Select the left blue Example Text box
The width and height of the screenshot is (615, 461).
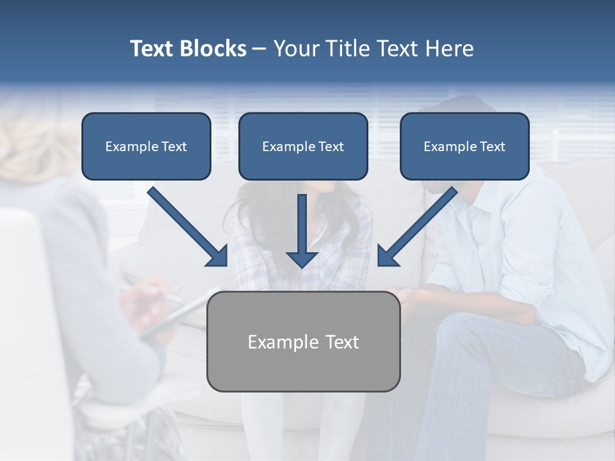click(x=146, y=146)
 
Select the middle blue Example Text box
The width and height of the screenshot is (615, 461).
click(x=303, y=146)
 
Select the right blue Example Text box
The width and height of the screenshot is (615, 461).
click(x=464, y=146)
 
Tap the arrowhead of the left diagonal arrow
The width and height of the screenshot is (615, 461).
click(x=218, y=256)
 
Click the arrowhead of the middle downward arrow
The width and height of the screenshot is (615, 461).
click(x=302, y=259)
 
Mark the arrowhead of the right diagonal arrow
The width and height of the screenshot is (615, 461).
click(x=388, y=256)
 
